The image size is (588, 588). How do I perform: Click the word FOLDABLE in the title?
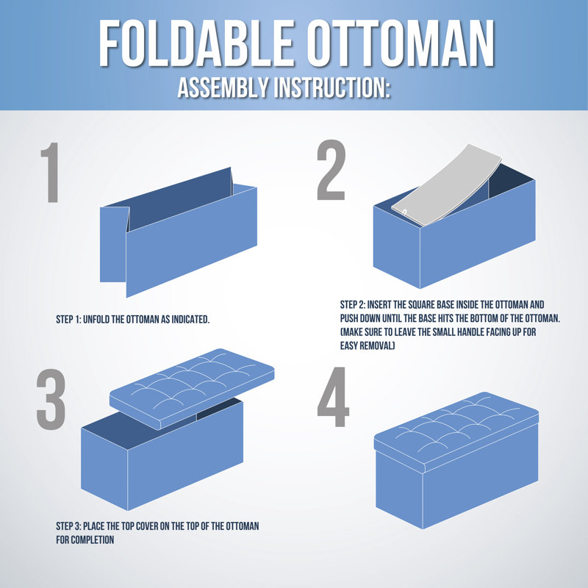point(196,43)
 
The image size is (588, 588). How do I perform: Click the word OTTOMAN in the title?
point(401,43)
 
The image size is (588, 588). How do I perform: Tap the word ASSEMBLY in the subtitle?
point(223,87)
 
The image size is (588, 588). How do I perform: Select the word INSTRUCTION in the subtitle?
point(332,87)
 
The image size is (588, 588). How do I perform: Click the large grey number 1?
point(51,173)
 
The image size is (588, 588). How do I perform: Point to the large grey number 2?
point(331,170)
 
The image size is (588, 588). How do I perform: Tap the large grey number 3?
point(51,399)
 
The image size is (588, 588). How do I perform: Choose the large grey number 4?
point(333,397)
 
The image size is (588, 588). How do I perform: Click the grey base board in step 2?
point(446,186)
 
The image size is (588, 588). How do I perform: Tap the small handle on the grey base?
point(404,212)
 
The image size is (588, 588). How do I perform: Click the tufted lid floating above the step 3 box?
point(192,388)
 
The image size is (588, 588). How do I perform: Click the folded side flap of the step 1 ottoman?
point(114,244)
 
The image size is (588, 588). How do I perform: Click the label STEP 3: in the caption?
point(68,526)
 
